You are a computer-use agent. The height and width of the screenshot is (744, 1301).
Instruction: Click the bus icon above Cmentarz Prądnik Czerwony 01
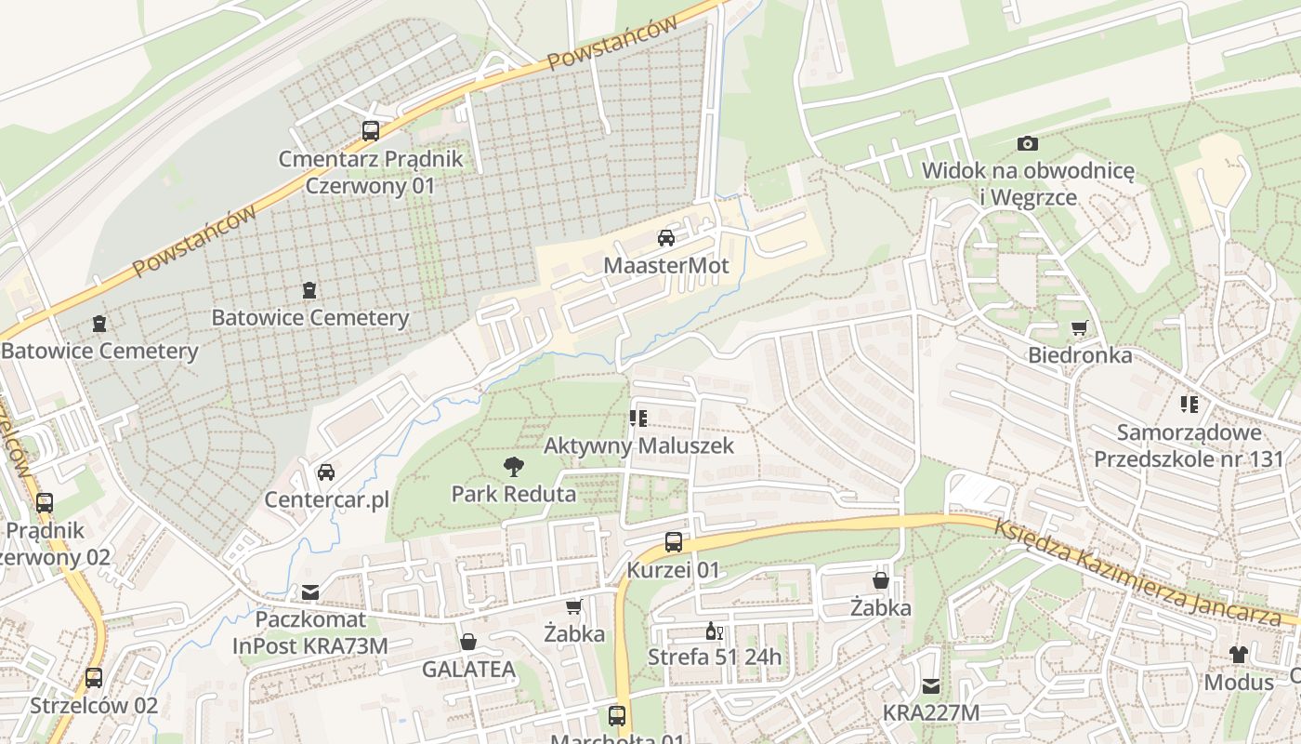371,131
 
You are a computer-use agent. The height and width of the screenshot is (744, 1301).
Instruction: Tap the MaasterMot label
665,266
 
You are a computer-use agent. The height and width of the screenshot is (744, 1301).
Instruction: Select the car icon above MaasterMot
666,238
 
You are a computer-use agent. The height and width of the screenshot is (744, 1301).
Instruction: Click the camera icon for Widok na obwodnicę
1027,143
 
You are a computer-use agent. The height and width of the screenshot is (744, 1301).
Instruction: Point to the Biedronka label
1079,355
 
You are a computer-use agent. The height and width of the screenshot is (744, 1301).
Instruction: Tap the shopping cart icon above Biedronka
1079,327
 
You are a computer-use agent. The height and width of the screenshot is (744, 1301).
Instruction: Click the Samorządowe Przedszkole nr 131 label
1189,445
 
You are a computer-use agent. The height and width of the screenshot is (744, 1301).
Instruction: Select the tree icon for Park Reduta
513,466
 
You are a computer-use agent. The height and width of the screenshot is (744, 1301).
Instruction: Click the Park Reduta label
513,494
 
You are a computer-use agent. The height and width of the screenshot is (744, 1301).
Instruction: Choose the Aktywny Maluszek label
638,445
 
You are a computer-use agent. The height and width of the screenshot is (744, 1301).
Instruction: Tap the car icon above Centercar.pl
326,472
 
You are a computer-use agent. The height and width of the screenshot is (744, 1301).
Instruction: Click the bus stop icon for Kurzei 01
674,541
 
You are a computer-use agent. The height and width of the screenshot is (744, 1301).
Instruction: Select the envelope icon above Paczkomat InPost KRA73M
309,592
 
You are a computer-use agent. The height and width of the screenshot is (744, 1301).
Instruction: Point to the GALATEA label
468,670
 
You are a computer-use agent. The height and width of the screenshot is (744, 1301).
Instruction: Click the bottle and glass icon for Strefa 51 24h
714,631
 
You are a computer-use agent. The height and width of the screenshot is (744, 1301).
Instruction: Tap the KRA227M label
930,713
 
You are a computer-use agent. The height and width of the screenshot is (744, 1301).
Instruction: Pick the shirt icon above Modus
1238,654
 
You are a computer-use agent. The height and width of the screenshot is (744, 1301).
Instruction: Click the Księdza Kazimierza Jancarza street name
1144,572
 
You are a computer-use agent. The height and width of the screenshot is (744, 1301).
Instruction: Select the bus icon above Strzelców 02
94,678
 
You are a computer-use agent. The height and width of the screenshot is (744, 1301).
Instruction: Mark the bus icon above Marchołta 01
617,716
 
